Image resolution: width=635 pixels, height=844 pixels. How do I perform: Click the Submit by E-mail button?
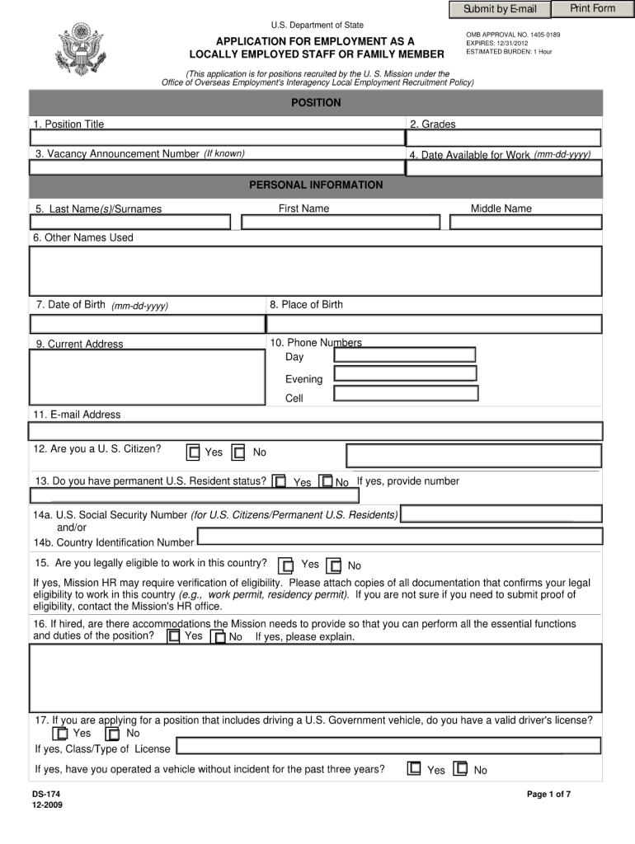pos(500,9)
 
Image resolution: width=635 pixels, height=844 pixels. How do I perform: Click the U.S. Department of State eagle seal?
pos(84,49)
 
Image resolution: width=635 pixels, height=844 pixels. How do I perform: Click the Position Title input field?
pos(217,138)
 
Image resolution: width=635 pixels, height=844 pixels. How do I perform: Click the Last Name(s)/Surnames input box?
pos(130,223)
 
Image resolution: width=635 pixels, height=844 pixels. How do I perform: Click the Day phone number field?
pos(405,355)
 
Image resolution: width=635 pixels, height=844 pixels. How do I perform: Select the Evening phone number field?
pos(405,373)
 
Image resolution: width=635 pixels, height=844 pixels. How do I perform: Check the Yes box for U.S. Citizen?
pos(193,452)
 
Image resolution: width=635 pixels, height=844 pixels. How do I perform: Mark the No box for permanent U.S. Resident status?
pos(326,481)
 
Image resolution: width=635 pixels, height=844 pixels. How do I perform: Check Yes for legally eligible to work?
pos(286,565)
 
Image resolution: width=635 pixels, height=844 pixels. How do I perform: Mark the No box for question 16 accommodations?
pos(218,637)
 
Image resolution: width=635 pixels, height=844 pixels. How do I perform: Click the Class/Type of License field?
pos(388,747)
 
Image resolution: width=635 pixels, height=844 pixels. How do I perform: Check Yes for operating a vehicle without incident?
pos(414,769)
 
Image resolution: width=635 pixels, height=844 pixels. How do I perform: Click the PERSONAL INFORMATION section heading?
pos(316,185)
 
